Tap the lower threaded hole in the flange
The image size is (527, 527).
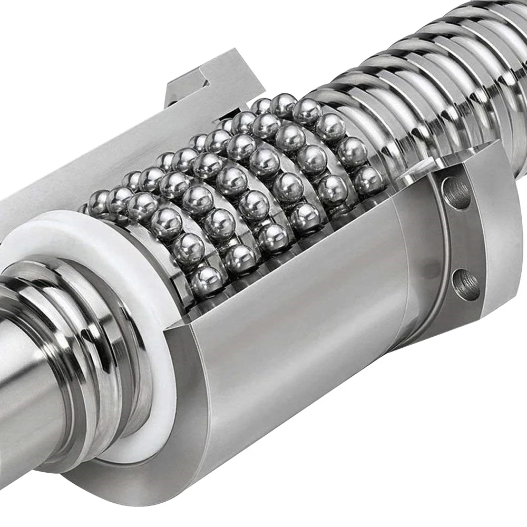click(x=466, y=284)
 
